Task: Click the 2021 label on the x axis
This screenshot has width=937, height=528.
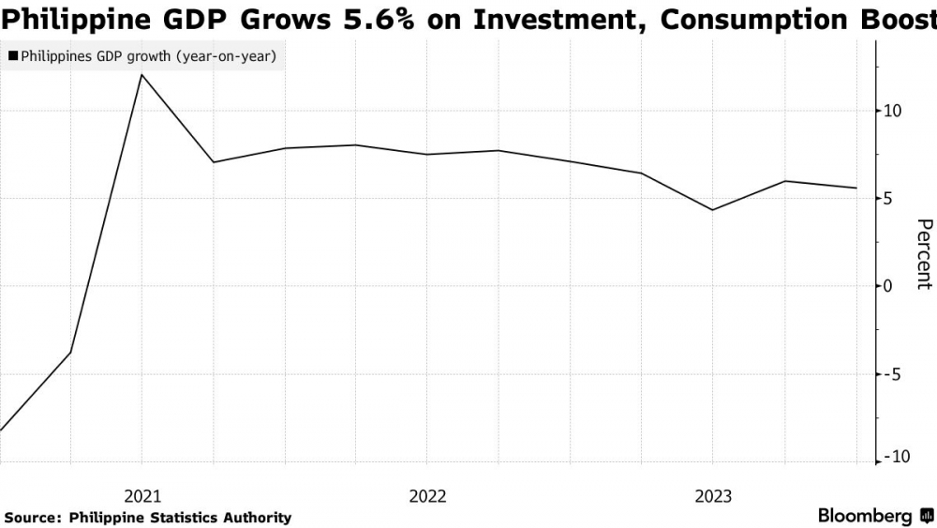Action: tap(141, 495)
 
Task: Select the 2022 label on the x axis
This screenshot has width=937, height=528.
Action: tap(427, 495)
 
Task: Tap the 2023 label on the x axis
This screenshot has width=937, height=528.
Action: tap(713, 495)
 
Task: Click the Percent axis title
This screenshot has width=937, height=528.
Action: tap(923, 254)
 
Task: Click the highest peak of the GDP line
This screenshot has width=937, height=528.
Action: tap(141, 74)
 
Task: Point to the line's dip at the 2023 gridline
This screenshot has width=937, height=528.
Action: tap(713, 210)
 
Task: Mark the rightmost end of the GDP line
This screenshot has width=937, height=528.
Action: tap(856, 189)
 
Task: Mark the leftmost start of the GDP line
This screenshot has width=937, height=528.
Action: tap(1, 430)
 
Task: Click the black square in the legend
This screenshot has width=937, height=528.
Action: tap(13, 57)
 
